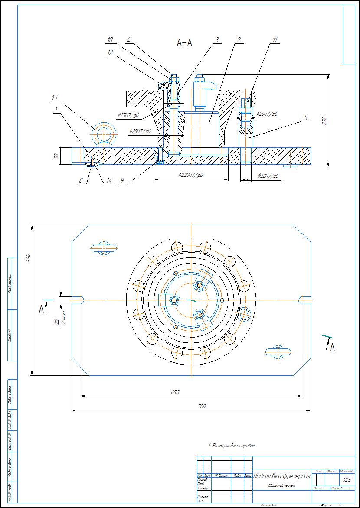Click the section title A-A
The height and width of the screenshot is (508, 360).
[184, 42]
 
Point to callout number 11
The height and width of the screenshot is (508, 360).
[274, 40]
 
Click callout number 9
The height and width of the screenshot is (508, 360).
[123, 181]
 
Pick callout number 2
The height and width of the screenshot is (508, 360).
[238, 40]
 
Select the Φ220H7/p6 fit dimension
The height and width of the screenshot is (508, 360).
[191, 176]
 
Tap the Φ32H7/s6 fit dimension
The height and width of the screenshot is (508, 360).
[268, 176]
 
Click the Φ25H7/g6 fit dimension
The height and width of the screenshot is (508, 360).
[128, 115]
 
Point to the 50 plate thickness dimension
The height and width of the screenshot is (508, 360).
[56, 156]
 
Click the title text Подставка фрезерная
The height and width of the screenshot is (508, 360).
[282, 476]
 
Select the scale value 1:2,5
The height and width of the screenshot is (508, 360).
[347, 480]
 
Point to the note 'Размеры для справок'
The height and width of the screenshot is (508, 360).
[232, 445]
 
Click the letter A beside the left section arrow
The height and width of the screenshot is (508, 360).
[41, 309]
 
